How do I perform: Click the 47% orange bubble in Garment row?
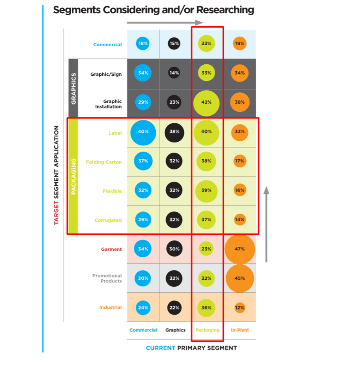tap(240, 249)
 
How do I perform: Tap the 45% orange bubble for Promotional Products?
tap(240, 279)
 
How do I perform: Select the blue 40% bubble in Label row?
tap(143, 132)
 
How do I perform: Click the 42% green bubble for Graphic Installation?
tap(206, 103)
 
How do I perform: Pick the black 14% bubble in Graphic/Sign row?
tap(174, 73)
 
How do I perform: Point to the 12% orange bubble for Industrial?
tap(240, 308)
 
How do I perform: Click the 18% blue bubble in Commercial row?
tap(143, 44)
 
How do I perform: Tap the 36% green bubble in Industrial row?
tap(206, 308)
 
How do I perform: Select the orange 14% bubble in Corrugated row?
tap(240, 220)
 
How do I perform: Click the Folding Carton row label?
tap(104, 162)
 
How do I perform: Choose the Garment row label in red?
tap(111, 249)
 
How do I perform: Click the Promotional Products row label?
tap(107, 279)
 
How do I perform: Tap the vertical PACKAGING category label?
tap(73, 177)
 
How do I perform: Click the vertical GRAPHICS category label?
tap(73, 89)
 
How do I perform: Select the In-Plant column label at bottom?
tap(240, 330)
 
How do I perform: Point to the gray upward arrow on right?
tap(266, 224)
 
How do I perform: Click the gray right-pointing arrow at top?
tap(165, 23)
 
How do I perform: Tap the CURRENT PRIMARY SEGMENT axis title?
tap(191, 348)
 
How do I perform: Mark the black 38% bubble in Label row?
tap(174, 132)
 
